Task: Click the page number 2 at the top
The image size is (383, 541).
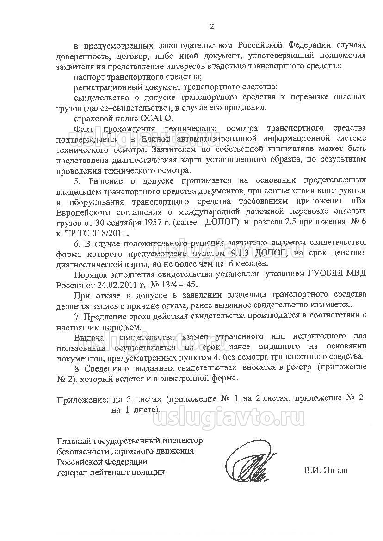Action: tap(212, 26)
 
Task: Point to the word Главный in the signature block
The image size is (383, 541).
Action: tap(72, 441)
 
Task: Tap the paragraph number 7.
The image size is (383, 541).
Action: tap(77, 316)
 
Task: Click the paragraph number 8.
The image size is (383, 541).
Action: tap(77, 367)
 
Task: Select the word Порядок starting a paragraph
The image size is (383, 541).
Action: tap(89, 273)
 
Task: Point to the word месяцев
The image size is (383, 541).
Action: tap(250, 263)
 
